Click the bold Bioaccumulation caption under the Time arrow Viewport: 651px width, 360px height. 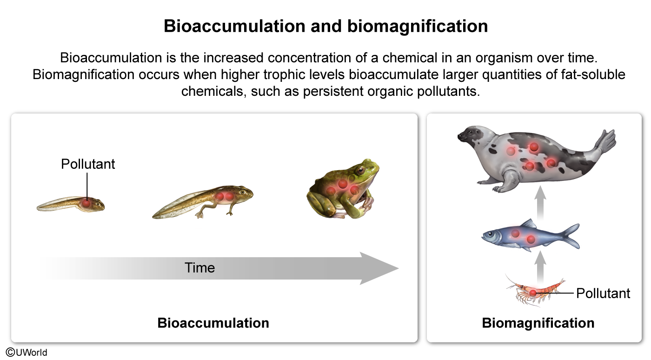pyautogui.click(x=213, y=323)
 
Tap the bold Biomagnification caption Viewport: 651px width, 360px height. pyautogui.click(x=538, y=323)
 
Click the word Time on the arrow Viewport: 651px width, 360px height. pyautogui.click(x=199, y=268)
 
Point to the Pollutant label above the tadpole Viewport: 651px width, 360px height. pyautogui.click(x=88, y=164)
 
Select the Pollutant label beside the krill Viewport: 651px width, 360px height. pyautogui.click(x=603, y=293)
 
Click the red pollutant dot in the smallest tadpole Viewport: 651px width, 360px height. pyautogui.click(x=86, y=203)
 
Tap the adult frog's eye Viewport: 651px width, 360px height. pyautogui.click(x=361, y=170)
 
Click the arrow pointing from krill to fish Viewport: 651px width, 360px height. pyautogui.click(x=540, y=267)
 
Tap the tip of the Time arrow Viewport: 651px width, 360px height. pyautogui.click(x=399, y=268)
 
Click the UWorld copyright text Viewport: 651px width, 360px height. pyautogui.click(x=27, y=353)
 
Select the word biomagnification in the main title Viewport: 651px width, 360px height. pyautogui.click(x=418, y=26)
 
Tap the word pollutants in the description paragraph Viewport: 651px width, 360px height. pyautogui.click(x=448, y=91)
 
